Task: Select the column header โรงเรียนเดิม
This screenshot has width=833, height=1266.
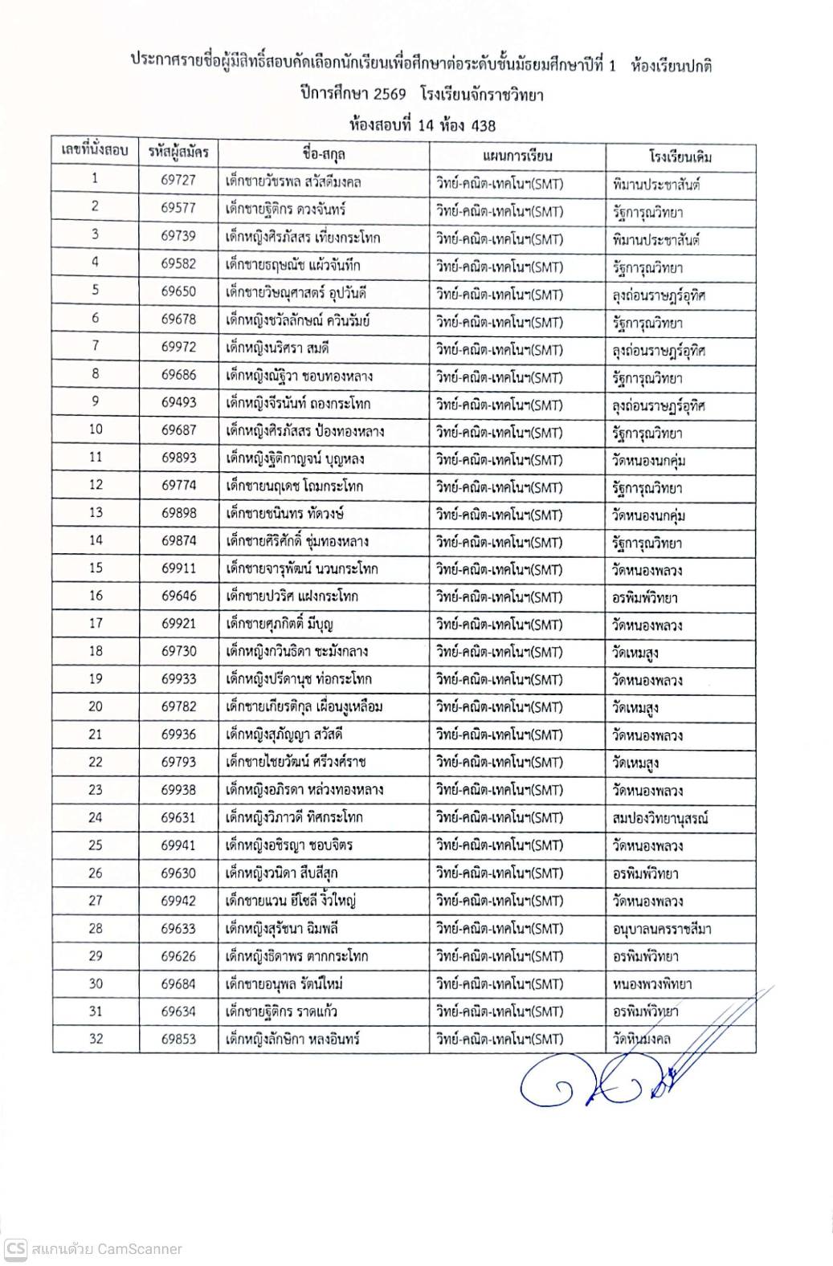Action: pyautogui.click(x=680, y=155)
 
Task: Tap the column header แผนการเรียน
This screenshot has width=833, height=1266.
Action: pyautogui.click(x=517, y=155)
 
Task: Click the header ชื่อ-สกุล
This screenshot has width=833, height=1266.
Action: pyautogui.click(x=325, y=154)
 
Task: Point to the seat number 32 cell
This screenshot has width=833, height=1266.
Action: pyautogui.click(x=96, y=1038)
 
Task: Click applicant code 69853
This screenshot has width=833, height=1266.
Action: pyautogui.click(x=178, y=1038)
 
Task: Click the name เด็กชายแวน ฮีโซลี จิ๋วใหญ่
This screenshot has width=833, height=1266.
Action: pyautogui.click(x=292, y=901)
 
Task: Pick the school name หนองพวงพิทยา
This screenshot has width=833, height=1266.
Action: pyautogui.click(x=651, y=983)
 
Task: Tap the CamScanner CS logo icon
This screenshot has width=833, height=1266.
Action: pyautogui.click(x=16, y=1249)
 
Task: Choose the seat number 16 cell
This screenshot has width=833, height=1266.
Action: pyautogui.click(x=96, y=595)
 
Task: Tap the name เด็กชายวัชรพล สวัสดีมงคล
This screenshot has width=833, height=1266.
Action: pyautogui.click(x=294, y=181)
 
